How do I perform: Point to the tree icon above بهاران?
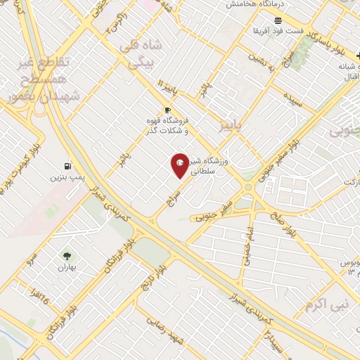(x=67, y=257)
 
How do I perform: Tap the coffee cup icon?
(x=167, y=110)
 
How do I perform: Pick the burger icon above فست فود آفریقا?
(x=277, y=20)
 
